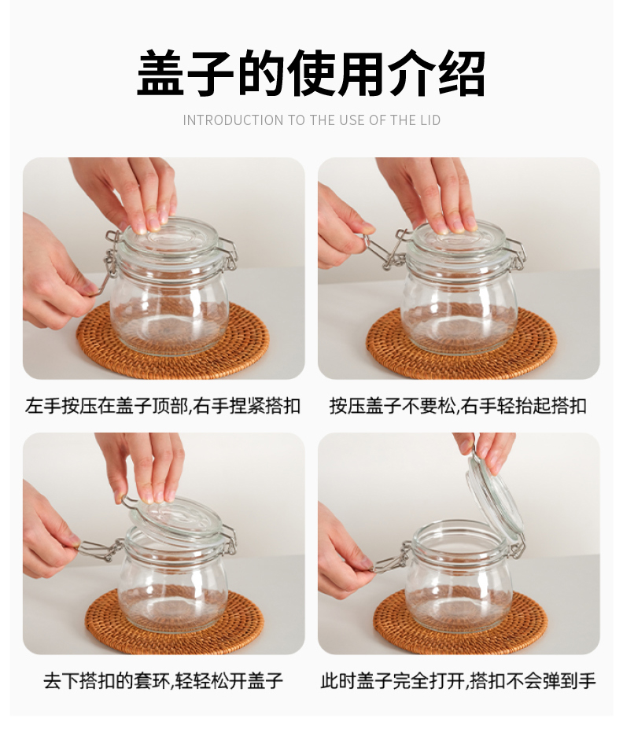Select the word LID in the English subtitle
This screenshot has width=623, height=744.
429,120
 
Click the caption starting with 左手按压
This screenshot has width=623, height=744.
163,406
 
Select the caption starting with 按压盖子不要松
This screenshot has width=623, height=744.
458,406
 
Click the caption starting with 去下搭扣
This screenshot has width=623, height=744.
164,681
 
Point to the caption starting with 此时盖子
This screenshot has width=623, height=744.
458,681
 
